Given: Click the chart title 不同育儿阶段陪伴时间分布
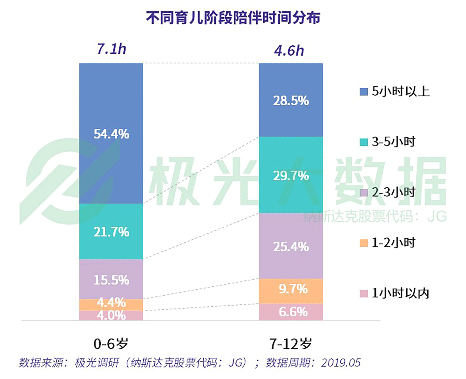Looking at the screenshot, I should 233,18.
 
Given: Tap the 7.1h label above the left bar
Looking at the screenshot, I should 111,49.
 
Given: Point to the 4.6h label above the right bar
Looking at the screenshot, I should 289,51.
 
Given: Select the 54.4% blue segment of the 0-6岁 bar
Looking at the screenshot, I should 111,133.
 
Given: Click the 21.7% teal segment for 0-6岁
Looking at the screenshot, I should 111,231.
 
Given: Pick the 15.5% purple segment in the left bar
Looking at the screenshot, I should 111,279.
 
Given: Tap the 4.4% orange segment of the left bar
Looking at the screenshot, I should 111,304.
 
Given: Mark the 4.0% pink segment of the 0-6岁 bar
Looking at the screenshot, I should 111,315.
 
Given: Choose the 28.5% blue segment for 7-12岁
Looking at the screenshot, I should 290,100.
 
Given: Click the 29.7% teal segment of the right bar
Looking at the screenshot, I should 290,175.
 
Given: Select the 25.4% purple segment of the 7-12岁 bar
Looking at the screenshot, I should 290,246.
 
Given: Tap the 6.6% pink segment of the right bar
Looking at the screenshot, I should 290,312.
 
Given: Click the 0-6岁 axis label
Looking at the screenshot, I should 111,344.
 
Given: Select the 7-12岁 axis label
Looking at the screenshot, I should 290,344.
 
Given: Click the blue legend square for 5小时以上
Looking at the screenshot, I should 363,92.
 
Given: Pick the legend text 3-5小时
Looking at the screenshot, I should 393,142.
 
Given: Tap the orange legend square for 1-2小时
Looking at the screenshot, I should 363,243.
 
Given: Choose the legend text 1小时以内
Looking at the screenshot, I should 400,293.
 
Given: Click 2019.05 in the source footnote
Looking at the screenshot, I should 341,363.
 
